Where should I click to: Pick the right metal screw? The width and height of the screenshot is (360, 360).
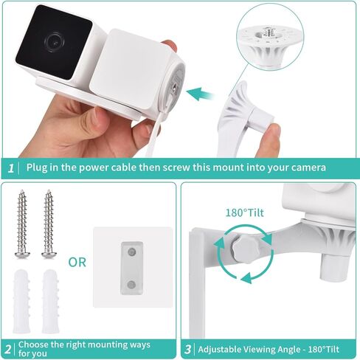click(x=49, y=224)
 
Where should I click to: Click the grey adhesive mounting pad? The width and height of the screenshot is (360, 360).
click(x=131, y=267)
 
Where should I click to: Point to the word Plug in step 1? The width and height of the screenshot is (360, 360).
click(x=38, y=168)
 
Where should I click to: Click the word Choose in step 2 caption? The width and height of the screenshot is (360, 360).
click(x=35, y=345)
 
